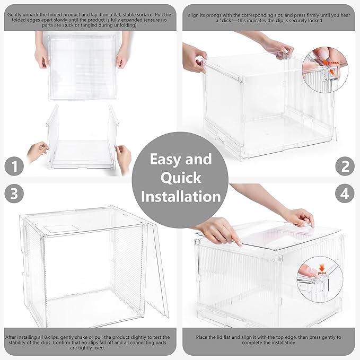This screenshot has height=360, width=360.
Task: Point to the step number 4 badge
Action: click(345, 194)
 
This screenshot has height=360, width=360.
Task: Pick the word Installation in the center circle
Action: click(180, 196)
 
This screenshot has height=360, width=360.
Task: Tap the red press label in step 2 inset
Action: click(332, 63)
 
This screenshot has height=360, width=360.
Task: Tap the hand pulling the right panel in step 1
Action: click(122, 156)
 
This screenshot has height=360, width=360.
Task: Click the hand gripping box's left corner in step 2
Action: click(195, 57)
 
